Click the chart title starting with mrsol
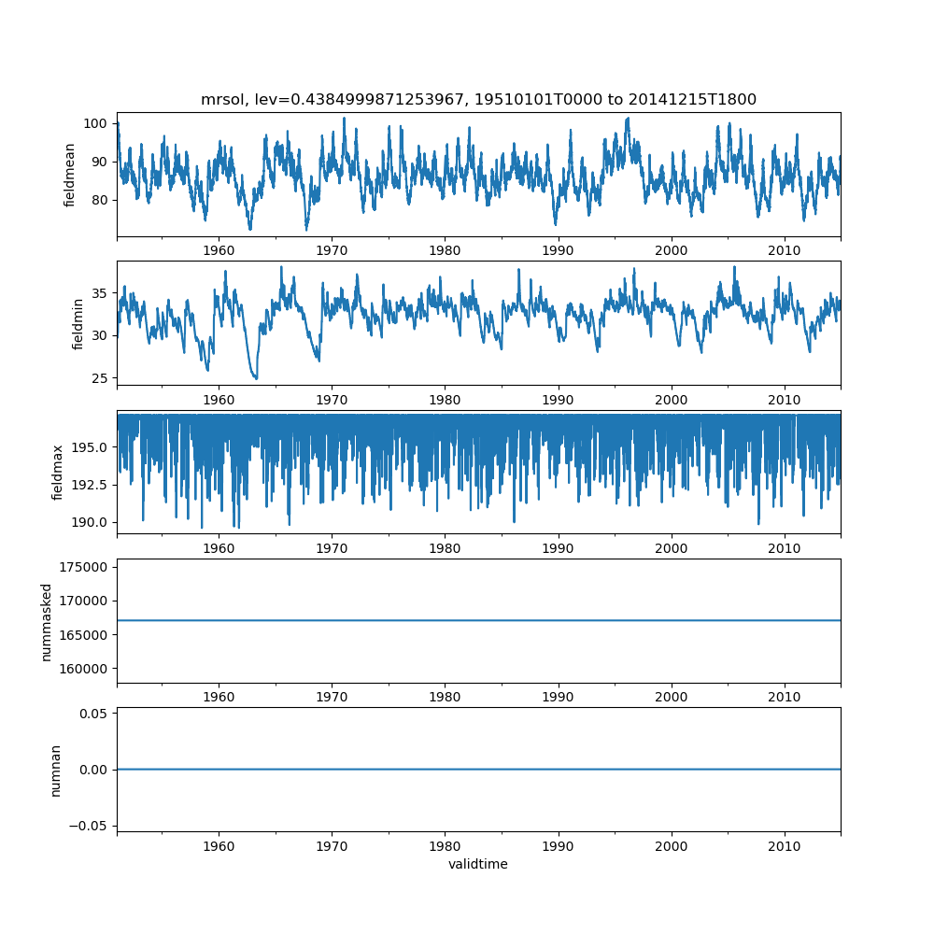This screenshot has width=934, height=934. click(x=478, y=100)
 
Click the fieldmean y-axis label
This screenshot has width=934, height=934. click(x=69, y=175)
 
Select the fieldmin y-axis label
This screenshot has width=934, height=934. click(x=78, y=323)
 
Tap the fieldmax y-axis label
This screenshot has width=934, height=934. click(x=58, y=472)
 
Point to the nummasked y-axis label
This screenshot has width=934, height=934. click(x=46, y=621)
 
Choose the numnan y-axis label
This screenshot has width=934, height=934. click(x=55, y=770)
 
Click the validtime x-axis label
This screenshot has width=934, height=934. click(x=478, y=864)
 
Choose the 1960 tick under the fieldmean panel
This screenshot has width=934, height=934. click(x=219, y=250)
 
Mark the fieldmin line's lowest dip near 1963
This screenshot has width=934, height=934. click(x=255, y=378)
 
